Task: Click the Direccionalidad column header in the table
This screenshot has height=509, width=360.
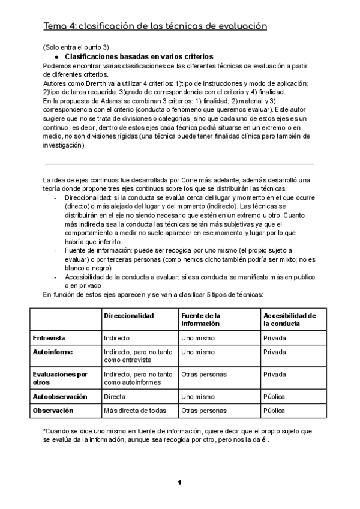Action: click(128, 315)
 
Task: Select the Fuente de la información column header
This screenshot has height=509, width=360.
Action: click(201, 319)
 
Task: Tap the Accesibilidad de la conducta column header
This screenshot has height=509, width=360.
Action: click(289, 319)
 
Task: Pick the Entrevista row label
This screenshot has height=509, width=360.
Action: click(49, 338)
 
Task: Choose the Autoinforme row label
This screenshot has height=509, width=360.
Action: click(52, 352)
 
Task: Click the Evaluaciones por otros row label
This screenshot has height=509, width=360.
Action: click(60, 378)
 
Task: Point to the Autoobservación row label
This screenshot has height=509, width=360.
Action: click(59, 396)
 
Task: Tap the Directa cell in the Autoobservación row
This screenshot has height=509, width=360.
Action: click(115, 396)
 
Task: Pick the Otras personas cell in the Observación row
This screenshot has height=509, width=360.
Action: click(204, 411)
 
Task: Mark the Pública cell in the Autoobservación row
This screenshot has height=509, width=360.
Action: click(275, 396)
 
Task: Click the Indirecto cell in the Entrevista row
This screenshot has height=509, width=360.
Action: click(117, 338)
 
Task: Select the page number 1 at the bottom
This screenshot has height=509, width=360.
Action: click(179, 483)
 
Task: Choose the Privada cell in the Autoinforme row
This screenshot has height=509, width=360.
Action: click(275, 352)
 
